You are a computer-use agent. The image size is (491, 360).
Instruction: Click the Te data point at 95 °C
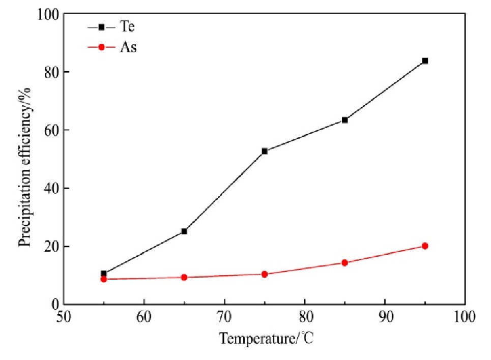click(x=425, y=61)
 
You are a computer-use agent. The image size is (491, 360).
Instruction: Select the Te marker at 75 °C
click(x=265, y=151)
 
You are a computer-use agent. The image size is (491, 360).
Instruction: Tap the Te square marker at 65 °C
click(x=184, y=231)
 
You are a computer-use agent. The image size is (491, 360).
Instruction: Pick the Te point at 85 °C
click(x=344, y=120)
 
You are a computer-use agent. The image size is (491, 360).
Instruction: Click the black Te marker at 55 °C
click(x=104, y=274)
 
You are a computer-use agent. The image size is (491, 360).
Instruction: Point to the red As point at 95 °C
click(x=425, y=246)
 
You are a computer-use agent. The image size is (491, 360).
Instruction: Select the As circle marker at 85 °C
click(x=344, y=263)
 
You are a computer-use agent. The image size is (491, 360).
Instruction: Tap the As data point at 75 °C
click(x=265, y=274)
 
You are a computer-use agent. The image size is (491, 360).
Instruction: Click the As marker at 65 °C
click(x=184, y=278)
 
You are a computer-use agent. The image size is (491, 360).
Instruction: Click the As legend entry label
click(x=129, y=48)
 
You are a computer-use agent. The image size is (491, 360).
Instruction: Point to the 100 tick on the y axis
click(x=46, y=14)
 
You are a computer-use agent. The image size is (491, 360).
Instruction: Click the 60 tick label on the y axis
click(x=50, y=130)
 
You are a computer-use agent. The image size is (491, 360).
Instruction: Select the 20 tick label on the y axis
click(x=50, y=247)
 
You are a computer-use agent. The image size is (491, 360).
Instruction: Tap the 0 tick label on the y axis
click(x=53, y=305)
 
